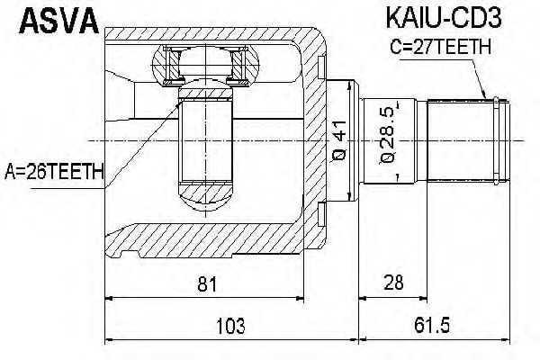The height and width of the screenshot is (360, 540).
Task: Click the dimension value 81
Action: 208,285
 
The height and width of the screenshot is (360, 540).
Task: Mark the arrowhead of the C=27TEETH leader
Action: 489,96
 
